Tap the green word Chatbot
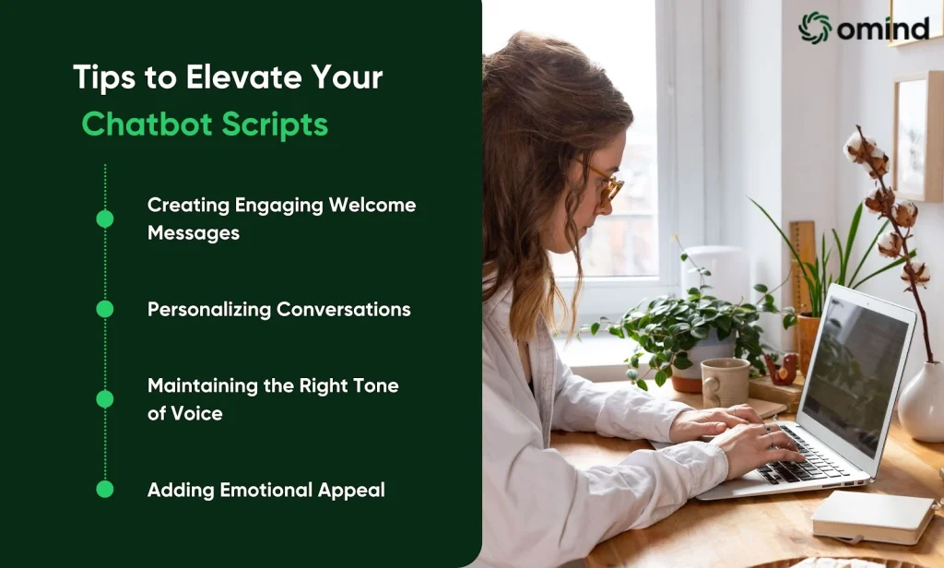[147, 124]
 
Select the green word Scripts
[275, 125]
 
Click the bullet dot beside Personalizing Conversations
[105, 309]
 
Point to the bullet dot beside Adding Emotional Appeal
[105, 489]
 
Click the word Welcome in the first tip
[372, 205]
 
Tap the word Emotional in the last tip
[266, 490]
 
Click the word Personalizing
[209, 310]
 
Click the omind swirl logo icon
[815, 28]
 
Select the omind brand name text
[883, 29]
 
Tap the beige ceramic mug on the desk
[725, 382]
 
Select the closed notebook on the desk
[873, 516]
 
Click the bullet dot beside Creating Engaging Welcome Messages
[105, 219]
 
